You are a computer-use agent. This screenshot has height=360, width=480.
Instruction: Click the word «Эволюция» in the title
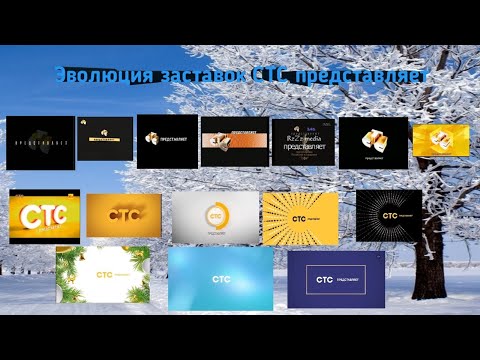[86, 77]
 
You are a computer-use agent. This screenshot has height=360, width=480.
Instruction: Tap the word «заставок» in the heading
[175, 77]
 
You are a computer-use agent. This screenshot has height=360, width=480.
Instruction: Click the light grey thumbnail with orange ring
[215, 218]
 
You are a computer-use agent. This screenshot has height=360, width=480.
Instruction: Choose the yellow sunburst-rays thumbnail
[301, 218]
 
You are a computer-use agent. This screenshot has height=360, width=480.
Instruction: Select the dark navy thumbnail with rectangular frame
[335, 278]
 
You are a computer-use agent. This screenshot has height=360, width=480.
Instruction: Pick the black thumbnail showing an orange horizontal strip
[235, 141]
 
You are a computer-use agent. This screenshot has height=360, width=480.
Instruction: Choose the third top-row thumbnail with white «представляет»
[167, 138]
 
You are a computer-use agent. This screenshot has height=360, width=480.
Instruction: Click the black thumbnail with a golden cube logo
[373, 140]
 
